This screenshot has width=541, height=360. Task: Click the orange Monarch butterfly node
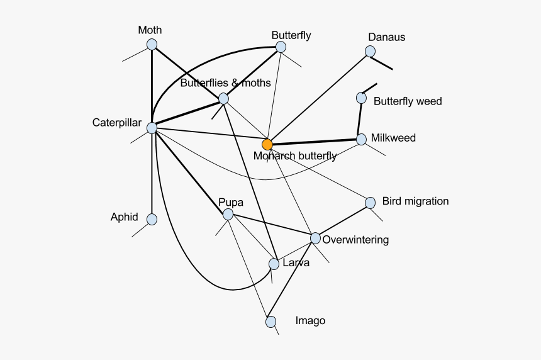point(267,144)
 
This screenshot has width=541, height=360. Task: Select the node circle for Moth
point(152,44)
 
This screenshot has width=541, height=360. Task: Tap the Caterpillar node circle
point(152,128)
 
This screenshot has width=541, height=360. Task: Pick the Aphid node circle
point(152,219)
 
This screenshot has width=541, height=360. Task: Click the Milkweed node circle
point(361,139)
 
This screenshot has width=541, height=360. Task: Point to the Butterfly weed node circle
point(361,98)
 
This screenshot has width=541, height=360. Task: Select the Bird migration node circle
point(371,203)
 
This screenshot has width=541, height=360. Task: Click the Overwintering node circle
point(315,238)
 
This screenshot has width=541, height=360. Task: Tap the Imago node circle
point(270,322)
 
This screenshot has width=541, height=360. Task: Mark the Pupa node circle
point(228,215)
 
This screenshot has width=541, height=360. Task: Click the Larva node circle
point(274,264)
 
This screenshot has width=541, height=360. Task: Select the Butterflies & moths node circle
point(223,98)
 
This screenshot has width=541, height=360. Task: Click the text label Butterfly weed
point(408,101)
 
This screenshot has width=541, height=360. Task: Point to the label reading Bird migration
point(415,201)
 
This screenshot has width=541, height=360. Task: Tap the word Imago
point(310,321)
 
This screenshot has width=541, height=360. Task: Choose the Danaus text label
point(387,37)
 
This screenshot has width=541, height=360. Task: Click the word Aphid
point(124,217)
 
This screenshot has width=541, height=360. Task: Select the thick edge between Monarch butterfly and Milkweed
point(315,142)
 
